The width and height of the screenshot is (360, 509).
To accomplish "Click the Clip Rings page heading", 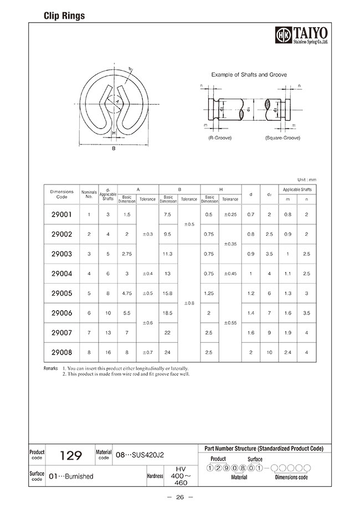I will click(64, 16).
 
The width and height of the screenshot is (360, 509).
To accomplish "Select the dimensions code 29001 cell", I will click(61, 214).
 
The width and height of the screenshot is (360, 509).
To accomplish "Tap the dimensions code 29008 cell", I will click(61, 352).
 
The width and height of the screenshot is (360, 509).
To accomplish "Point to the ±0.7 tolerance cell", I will click(147, 352).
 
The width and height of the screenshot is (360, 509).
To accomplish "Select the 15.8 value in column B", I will click(168, 293).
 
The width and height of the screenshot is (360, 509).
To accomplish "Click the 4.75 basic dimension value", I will click(127, 293).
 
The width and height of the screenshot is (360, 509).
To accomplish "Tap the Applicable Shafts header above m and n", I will click(298, 189).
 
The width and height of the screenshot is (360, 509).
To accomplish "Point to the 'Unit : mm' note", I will click(306, 179).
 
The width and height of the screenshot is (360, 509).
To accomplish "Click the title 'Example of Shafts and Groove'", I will click(249, 74).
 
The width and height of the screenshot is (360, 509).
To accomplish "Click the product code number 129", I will click(70, 456).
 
